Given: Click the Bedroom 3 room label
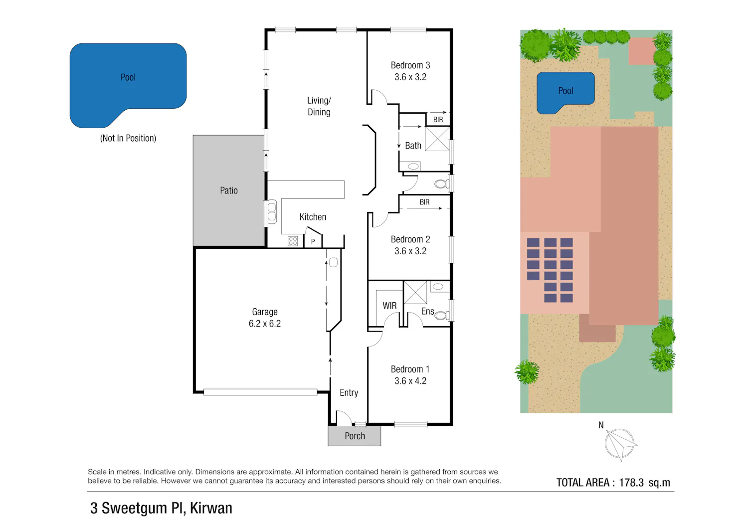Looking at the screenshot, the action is click(410, 65).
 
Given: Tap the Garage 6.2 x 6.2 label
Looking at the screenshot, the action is click(265, 318).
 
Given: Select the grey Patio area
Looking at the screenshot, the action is click(229, 190).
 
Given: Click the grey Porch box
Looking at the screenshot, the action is click(354, 436).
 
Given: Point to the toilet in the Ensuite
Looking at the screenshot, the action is click(442, 315).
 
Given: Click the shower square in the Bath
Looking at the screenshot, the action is click(437, 139).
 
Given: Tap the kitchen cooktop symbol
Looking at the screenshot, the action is click(293, 241).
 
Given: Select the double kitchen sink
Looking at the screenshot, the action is click(272, 212).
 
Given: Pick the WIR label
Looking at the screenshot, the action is click(389, 306).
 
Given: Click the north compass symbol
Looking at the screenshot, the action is click(620, 444).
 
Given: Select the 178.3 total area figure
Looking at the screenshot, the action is click(631, 483).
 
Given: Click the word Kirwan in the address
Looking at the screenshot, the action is click(211, 508).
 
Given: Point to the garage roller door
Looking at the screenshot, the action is click(260, 392).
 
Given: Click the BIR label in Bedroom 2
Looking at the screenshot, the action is click(424, 202).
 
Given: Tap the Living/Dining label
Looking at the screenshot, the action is click(319, 106).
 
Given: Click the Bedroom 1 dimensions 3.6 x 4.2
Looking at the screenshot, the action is click(410, 381).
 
